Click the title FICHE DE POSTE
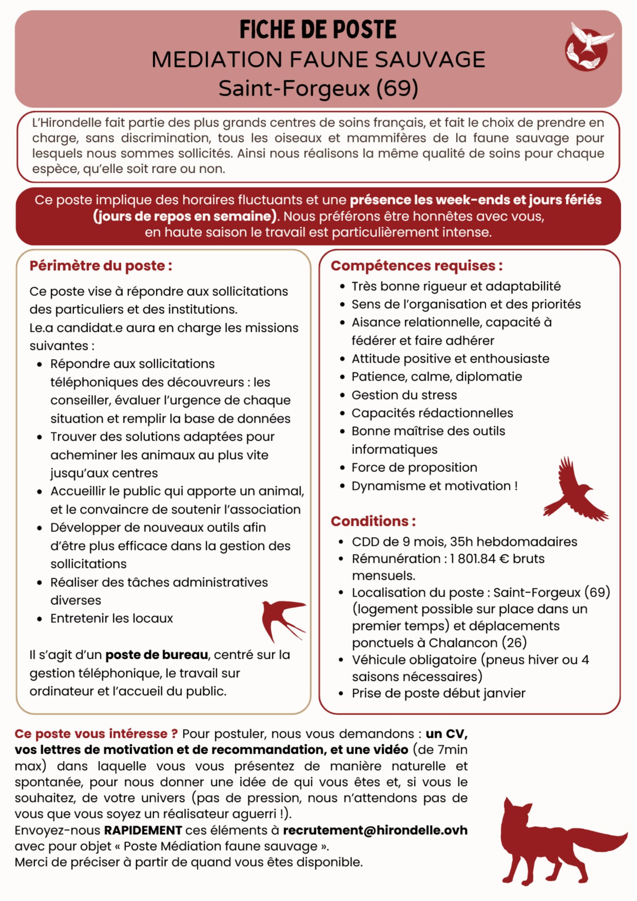click(318, 29)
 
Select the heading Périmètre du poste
click(101, 266)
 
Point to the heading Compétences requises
click(416, 266)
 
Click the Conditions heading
click(373, 521)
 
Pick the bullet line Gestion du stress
click(404, 395)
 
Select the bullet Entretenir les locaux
click(112, 618)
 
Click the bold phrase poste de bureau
click(157, 655)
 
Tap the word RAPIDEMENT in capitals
click(143, 830)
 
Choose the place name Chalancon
click(463, 643)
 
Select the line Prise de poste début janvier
click(439, 693)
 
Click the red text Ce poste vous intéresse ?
click(96, 734)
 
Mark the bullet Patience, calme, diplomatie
click(436, 377)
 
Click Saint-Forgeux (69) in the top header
click(318, 88)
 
